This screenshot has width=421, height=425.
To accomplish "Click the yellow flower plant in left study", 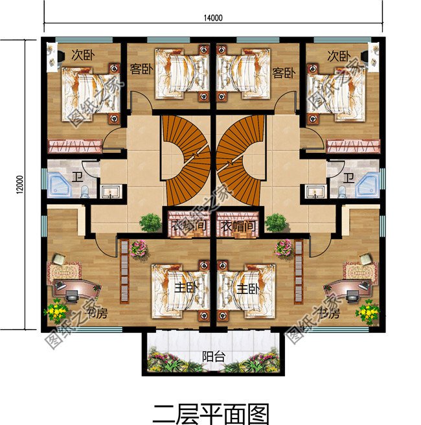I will pos(55,312).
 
